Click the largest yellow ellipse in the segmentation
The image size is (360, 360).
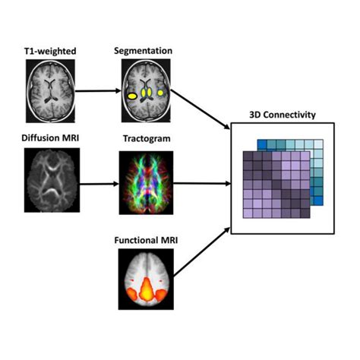click(x=132, y=96)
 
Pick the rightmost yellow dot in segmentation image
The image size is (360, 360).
click(x=162, y=93)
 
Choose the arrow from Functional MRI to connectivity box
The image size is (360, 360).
click(x=201, y=254)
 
